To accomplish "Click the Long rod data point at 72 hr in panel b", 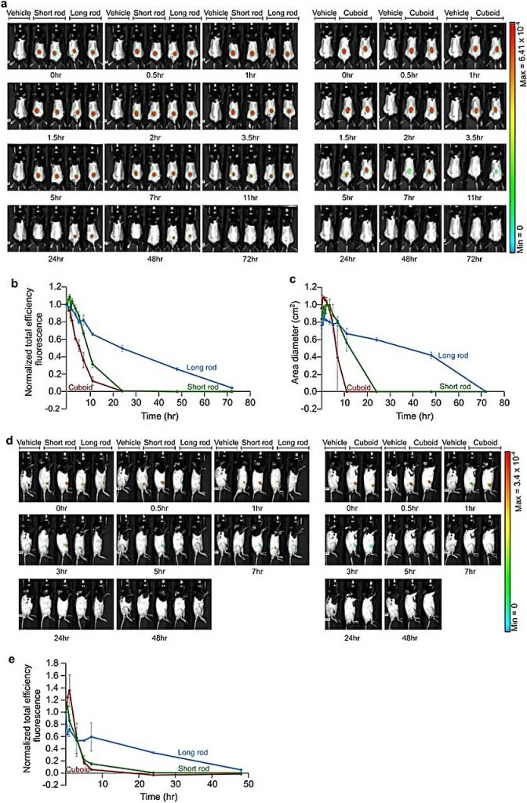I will pos(231,387).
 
